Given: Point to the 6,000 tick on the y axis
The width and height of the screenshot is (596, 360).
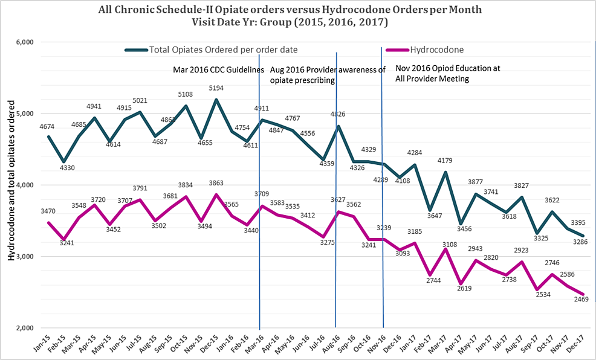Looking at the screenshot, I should pos(24,42).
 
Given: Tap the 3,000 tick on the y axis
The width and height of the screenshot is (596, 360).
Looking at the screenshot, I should pos(24,256).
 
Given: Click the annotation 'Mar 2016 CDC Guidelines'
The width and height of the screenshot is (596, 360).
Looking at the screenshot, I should pos(218,69).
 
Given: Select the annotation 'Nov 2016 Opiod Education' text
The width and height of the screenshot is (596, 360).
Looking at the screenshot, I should pos(447,68).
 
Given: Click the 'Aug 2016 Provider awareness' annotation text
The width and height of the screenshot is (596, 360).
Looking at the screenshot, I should pos(327,69).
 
